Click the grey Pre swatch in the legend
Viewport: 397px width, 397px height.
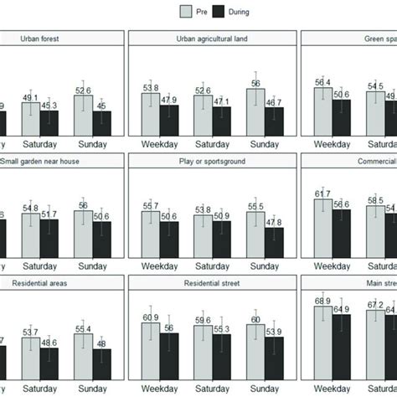coord(188,11)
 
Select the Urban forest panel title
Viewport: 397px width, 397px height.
coord(63,39)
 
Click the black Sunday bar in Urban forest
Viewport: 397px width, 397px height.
coord(101,122)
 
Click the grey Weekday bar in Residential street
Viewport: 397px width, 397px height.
coord(150,343)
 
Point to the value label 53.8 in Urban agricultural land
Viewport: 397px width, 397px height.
coord(151,87)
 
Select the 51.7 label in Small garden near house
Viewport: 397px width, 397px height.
coord(49,214)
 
